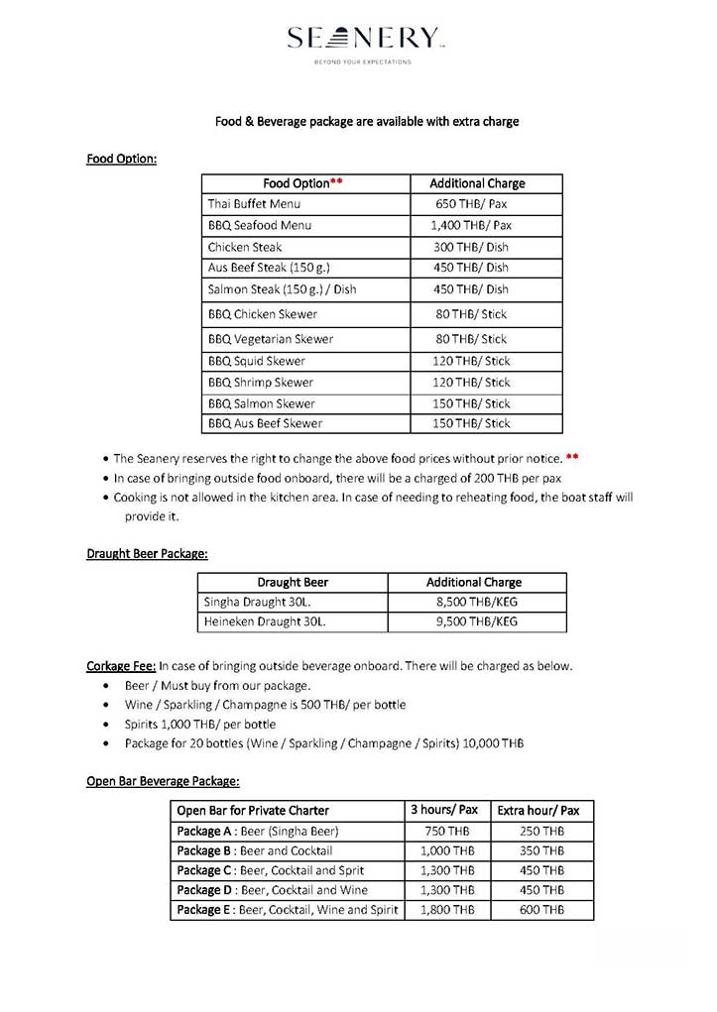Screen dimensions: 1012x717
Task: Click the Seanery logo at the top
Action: coord(362,40)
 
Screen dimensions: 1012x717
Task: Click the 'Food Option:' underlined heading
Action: coord(122,159)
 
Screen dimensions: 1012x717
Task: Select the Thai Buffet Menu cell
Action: coord(254,204)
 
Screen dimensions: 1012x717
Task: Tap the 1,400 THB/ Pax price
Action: coord(471,226)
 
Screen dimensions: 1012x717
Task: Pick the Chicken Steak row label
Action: coord(245,248)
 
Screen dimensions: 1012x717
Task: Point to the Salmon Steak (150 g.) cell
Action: coord(282,290)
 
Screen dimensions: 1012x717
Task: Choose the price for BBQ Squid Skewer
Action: coord(471,361)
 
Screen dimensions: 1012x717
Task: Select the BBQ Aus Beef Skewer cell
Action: coord(265,424)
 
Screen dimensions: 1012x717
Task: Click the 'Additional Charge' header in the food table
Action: coord(477,183)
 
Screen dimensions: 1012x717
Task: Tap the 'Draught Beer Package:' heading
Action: coord(147,554)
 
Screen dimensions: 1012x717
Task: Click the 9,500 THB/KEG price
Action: coord(472,622)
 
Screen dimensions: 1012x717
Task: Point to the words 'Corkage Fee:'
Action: coord(121,666)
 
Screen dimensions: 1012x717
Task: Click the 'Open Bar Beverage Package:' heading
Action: coord(163,781)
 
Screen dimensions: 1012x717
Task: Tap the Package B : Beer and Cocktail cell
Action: coord(255,851)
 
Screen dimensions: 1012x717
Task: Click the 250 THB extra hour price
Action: coord(541,832)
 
